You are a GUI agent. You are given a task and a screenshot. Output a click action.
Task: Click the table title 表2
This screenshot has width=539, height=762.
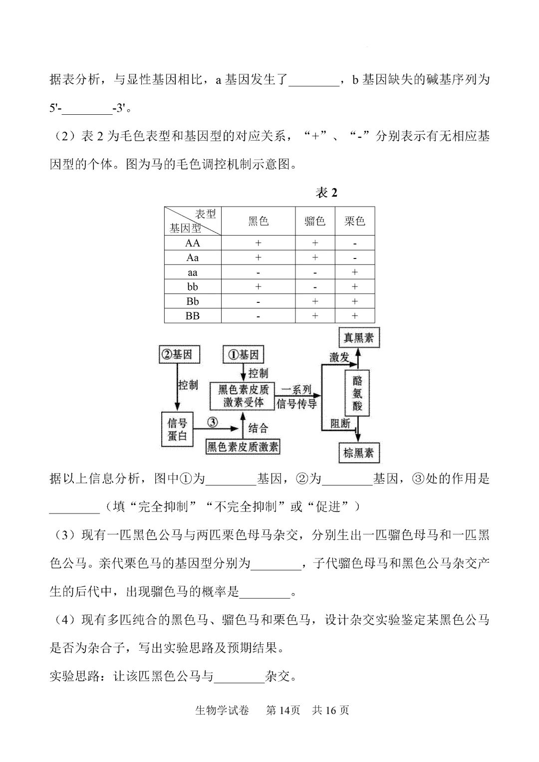pyautogui.click(x=327, y=193)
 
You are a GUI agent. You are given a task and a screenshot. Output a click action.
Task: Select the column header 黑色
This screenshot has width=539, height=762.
pyautogui.click(x=258, y=221)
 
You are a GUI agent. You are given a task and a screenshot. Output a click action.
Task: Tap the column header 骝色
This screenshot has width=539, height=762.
pyautogui.click(x=315, y=221)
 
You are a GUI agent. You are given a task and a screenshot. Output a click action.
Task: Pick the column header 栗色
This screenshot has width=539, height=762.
pyautogui.click(x=354, y=221)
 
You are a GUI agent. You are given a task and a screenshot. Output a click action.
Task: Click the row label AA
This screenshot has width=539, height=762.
pyautogui.click(x=192, y=243)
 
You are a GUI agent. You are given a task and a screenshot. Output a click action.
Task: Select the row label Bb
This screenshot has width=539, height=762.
pyautogui.click(x=192, y=301)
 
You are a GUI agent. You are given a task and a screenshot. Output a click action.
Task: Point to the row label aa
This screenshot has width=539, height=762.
pyautogui.click(x=192, y=272)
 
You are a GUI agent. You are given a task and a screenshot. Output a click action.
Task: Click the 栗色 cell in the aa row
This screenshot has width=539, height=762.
pyautogui.click(x=354, y=272)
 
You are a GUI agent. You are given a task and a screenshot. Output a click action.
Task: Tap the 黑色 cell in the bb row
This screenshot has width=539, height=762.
pyautogui.click(x=258, y=287)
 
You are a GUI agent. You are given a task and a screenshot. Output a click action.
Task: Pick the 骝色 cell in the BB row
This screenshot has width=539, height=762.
pyautogui.click(x=315, y=316)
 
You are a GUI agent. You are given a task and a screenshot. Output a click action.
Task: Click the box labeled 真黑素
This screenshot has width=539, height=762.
pyautogui.click(x=358, y=338)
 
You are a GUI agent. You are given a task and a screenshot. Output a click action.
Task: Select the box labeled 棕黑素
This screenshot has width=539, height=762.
pyautogui.click(x=358, y=453)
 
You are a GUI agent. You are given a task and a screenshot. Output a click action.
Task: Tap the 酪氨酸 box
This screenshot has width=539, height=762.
pyautogui.click(x=357, y=393)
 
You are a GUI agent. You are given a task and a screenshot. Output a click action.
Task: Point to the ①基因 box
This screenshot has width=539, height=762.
pyautogui.click(x=243, y=354)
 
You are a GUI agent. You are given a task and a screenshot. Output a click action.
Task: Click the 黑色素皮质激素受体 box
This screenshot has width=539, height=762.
pyautogui.click(x=243, y=396)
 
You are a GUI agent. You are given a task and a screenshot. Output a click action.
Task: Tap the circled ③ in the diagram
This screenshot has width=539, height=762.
pyautogui.click(x=212, y=422)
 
